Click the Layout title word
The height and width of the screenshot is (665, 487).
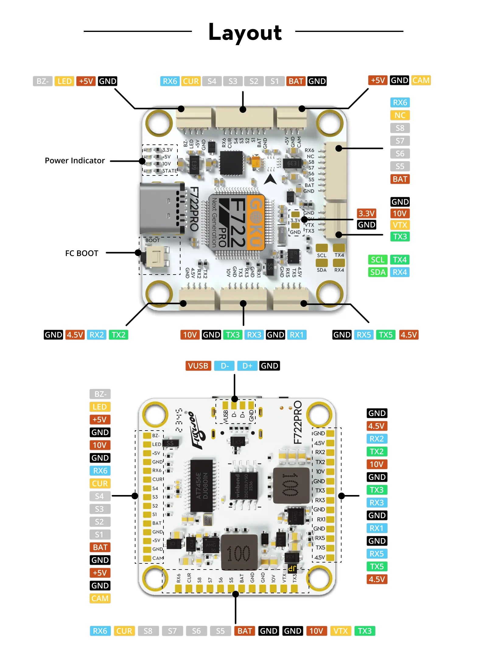point(245,33)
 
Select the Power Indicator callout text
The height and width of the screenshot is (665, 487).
point(75,161)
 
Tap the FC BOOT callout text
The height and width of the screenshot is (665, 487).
point(82,253)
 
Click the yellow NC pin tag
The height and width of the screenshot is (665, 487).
point(400,115)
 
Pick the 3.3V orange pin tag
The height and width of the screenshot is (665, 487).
point(366,213)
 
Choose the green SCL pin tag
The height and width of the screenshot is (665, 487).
point(377,260)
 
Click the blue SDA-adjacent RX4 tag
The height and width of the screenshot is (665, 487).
point(400,272)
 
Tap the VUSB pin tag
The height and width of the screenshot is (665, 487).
point(198,366)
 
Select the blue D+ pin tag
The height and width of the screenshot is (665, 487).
point(247,366)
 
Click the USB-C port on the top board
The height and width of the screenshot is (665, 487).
point(161,208)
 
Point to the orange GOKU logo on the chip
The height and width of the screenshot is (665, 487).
point(256,222)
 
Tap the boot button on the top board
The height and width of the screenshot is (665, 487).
point(157,257)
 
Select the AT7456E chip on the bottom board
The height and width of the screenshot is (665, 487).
point(201,486)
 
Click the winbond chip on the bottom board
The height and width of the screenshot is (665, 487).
point(243,486)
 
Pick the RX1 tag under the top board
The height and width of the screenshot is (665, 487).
point(296,335)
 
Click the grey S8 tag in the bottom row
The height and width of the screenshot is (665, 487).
point(148,631)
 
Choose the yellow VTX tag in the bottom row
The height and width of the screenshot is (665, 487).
point(340,631)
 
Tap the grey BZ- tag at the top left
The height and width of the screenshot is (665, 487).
point(43,81)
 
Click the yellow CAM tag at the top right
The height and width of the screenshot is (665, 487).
point(421,81)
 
